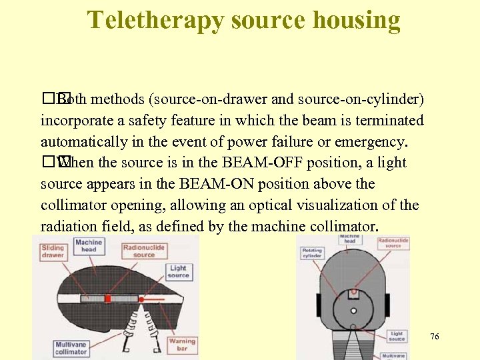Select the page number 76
435,337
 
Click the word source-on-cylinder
361,99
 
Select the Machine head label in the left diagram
89,245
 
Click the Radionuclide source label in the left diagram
144,251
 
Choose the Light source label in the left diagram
178,271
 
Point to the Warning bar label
181,345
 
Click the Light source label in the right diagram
397,337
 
